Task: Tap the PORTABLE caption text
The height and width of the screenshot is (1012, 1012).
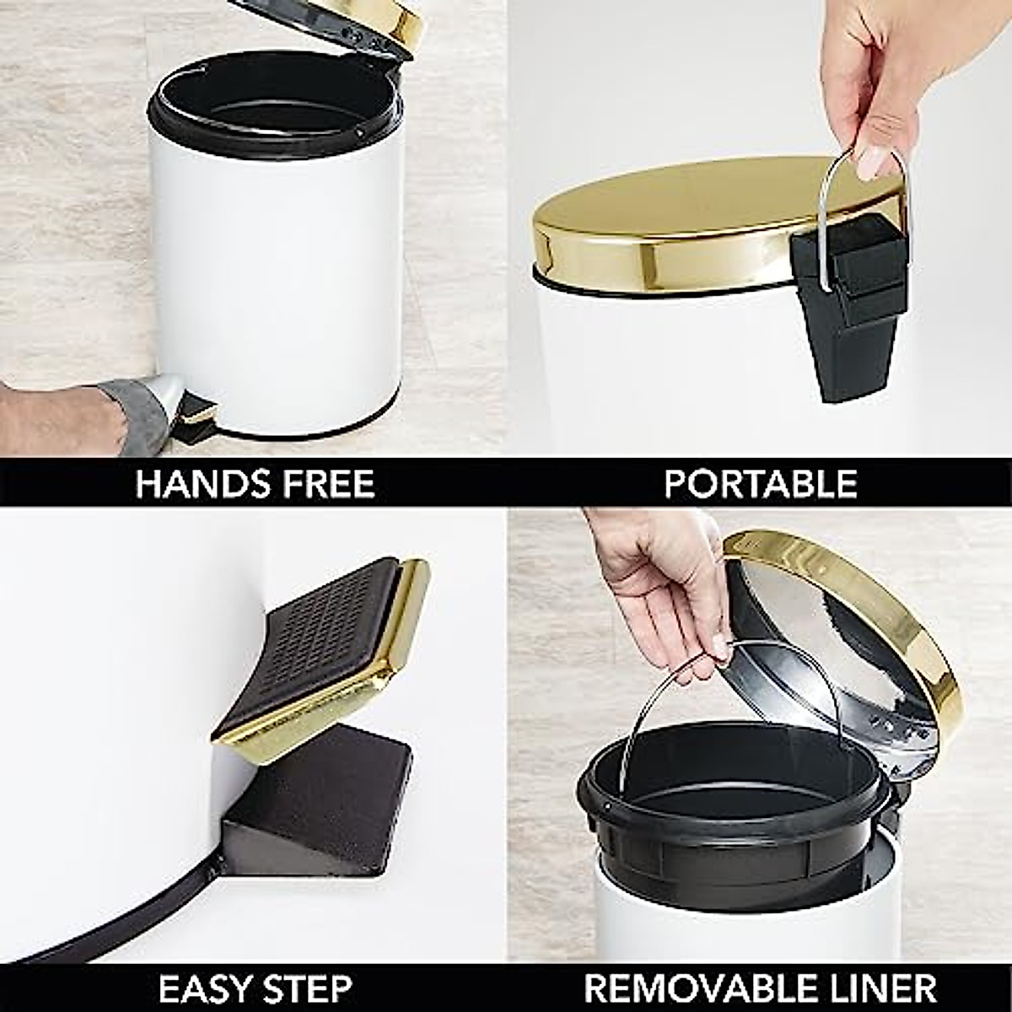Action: pos(761,484)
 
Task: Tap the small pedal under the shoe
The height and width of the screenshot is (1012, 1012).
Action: pos(197,412)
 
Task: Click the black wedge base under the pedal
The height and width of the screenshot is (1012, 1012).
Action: pos(320,793)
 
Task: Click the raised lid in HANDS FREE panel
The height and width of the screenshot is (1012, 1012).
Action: pos(354,25)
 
